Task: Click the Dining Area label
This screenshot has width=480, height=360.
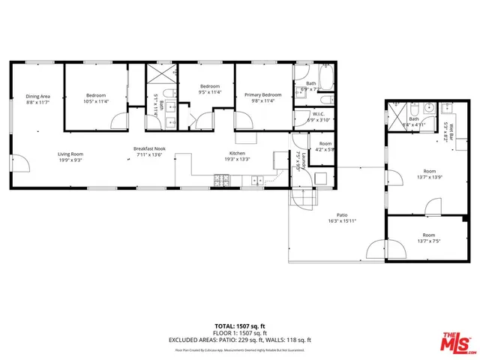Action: (37, 96)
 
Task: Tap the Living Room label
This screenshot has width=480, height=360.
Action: (70, 154)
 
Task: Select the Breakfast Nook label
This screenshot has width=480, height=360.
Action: (148, 149)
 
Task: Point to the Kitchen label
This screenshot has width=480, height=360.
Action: (237, 154)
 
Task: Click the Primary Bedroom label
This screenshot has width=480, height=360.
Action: (262, 95)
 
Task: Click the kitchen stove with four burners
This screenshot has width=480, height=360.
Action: (223, 179)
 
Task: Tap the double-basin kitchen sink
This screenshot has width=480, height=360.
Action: (257, 180)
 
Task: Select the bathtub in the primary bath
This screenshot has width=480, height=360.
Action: (327, 76)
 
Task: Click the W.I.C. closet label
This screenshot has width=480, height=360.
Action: (319, 115)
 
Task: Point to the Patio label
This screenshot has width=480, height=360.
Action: (341, 216)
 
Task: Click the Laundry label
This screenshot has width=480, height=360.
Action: (298, 161)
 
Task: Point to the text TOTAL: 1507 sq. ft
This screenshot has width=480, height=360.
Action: (239, 326)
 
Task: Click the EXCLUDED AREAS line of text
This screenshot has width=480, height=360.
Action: (239, 340)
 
